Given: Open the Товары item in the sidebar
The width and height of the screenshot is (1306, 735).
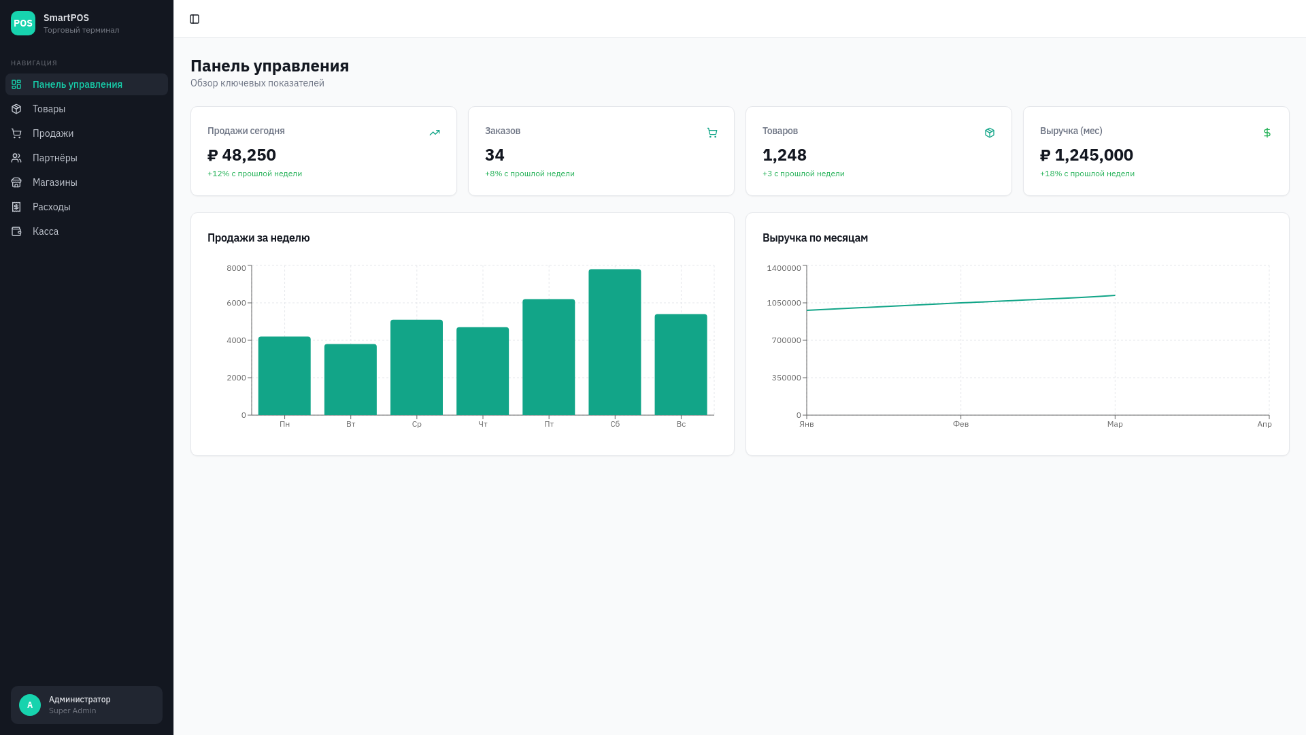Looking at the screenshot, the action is pos(49,109).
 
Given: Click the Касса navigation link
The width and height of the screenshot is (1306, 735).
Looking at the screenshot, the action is pos(46,231).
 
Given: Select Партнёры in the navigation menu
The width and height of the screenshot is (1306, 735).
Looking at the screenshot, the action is pos(55,158).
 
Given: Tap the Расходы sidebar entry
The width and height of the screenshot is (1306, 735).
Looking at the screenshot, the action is pos(52,207).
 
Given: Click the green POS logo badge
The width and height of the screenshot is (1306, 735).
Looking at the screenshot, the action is pos(23,23).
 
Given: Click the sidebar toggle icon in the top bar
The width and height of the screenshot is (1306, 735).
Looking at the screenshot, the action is pos(195,19).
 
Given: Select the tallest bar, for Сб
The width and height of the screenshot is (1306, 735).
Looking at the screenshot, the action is pos(615,342).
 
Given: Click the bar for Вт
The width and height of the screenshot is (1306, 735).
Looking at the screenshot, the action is pos(350,380).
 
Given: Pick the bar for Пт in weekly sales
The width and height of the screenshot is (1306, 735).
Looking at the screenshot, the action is pos(549,357).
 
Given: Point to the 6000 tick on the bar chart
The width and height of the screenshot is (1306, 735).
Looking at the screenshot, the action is pos(237,303).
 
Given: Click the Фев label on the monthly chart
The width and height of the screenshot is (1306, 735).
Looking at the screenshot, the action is pos(960,424).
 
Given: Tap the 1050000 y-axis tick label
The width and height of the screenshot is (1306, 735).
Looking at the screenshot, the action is pos(784,303).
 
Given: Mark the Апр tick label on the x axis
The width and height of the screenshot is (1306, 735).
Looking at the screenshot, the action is pos(1265,424).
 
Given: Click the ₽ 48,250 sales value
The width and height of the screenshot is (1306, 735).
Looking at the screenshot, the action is pos(241,155).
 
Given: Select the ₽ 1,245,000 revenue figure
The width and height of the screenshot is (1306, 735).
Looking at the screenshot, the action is pos(1086,155).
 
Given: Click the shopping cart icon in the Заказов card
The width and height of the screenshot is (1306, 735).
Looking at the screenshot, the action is pos(712,133).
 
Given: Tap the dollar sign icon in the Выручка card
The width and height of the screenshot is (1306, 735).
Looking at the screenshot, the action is pos(1267,133).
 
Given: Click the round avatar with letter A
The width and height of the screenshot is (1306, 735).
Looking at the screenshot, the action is pos(30,705).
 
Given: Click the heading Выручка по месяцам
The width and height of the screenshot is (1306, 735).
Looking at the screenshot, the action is pos(815,238).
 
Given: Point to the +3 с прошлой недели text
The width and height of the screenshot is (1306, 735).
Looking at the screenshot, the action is pos(803,174).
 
